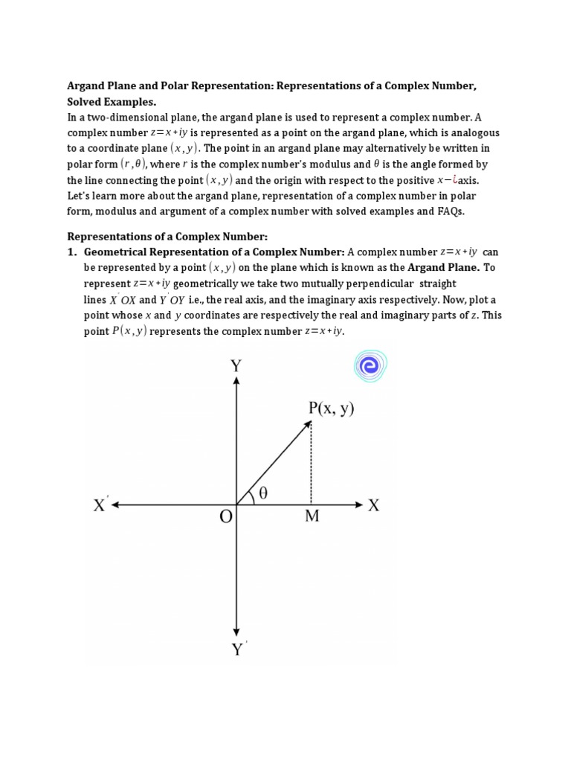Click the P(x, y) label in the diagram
pyautogui.click(x=331, y=409)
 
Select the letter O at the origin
pyautogui.click(x=226, y=516)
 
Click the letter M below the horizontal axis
pyautogui.click(x=312, y=516)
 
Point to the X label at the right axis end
pyautogui.click(x=374, y=505)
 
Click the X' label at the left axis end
pyautogui.click(x=102, y=505)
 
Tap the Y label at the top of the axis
pyautogui.click(x=236, y=365)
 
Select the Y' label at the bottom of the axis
pyautogui.click(x=239, y=650)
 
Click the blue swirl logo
pyautogui.click(x=370, y=365)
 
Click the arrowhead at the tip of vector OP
pyautogui.click(x=308, y=424)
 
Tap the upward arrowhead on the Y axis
pyautogui.click(x=236, y=381)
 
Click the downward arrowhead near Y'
pyautogui.click(x=236, y=630)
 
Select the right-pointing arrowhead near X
pyautogui.click(x=358, y=505)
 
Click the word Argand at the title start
pyautogui.click(x=87, y=86)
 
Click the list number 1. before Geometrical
pyautogui.click(x=73, y=252)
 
